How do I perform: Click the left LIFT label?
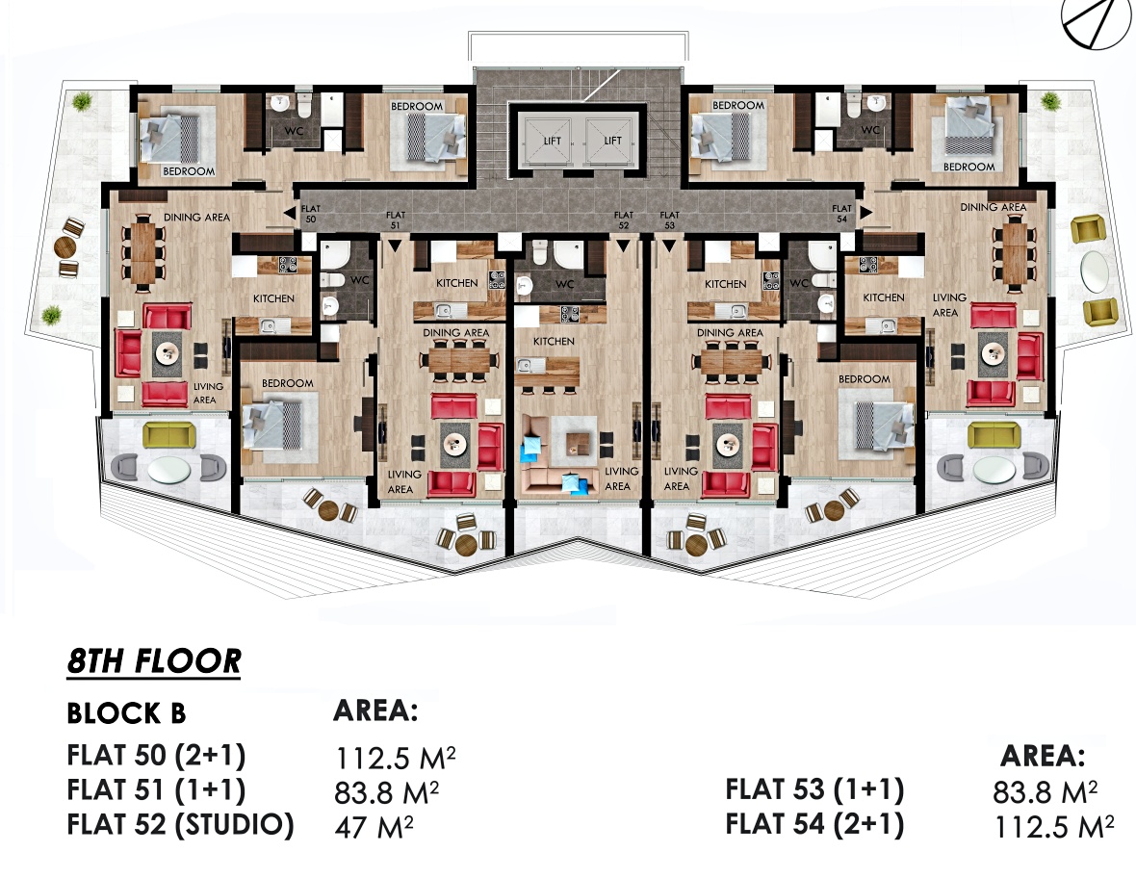point(552,141)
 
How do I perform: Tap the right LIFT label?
point(613,141)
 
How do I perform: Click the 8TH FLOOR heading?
point(154,660)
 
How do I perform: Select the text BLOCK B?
point(126,713)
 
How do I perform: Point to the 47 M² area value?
point(374,827)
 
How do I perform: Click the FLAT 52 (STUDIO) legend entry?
point(180,825)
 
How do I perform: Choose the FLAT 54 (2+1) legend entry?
point(814,824)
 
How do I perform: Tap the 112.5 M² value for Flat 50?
point(395,758)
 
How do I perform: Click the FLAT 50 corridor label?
point(311,214)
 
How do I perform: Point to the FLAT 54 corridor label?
point(841,214)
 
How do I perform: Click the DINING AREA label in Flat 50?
point(196,217)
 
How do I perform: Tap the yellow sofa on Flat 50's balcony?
point(168,434)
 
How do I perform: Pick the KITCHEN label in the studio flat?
point(554,341)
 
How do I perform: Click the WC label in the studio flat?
point(564,284)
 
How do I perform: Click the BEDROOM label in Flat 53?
point(865,379)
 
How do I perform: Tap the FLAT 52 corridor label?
point(623,219)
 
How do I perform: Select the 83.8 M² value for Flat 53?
point(1045,792)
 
